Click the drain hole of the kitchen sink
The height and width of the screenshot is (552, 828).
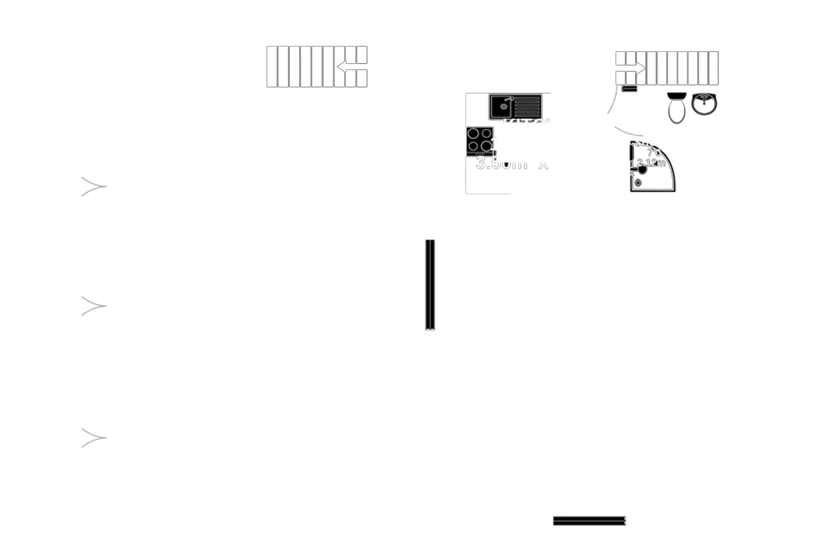503,106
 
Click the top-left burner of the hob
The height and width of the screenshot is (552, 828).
474,133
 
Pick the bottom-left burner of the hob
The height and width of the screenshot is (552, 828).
474,146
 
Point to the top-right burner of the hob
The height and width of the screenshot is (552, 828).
487,133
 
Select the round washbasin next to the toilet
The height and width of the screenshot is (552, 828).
704,103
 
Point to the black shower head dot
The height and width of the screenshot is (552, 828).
642,170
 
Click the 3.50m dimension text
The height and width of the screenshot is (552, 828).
501,163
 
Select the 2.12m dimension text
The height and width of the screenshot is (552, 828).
651,163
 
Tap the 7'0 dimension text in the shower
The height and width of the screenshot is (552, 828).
654,153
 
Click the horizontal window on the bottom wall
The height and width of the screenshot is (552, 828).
589,521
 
